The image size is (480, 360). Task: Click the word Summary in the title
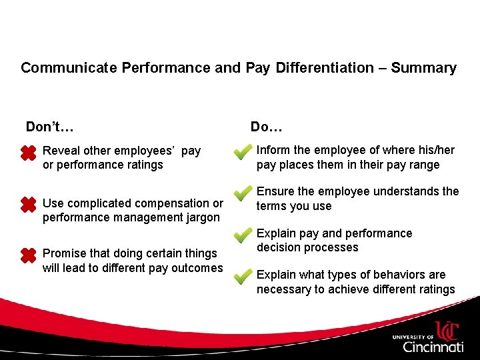point(423,68)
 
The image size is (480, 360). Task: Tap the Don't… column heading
point(49,127)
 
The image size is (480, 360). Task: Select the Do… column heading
point(267,127)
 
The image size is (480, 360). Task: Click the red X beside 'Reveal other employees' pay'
point(28,153)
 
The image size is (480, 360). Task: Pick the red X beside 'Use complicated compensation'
point(28,205)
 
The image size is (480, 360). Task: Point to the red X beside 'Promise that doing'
point(28,255)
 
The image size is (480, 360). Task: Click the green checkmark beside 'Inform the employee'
point(243,153)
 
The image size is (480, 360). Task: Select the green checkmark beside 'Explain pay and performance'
point(243,237)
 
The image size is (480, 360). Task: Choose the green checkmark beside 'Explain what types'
point(243,278)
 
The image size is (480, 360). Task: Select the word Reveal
point(61,151)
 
